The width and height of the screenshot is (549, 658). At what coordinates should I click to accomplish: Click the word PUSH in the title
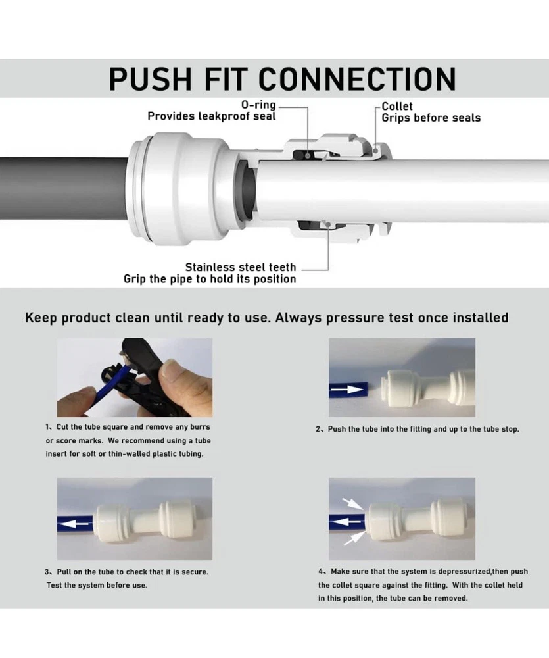click(151, 78)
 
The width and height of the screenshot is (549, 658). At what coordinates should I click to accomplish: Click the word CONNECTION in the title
click(357, 78)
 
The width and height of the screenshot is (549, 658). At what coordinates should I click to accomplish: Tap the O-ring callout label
click(258, 105)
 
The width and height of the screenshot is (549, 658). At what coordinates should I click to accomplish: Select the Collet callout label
click(396, 106)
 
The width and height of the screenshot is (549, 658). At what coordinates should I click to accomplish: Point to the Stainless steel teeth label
click(241, 267)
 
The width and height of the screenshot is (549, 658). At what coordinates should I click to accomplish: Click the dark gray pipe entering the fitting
click(64, 188)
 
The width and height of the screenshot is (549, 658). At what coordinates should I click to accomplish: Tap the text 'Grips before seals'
click(431, 118)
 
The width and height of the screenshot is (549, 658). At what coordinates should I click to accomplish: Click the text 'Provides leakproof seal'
click(211, 116)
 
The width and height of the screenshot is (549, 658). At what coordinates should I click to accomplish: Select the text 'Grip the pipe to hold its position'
click(210, 279)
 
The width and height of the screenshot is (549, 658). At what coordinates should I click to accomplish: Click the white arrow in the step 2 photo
click(346, 390)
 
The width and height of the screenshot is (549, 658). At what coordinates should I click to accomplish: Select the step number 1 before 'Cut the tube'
click(48, 427)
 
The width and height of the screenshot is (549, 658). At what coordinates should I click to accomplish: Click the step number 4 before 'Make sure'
click(321, 571)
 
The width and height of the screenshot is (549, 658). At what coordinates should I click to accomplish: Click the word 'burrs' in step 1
click(200, 427)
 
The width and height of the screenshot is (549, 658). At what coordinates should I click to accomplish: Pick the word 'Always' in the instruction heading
click(298, 318)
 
